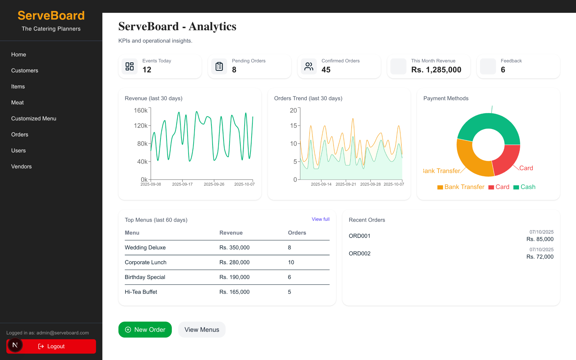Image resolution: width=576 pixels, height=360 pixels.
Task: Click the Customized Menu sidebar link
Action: click(x=34, y=118)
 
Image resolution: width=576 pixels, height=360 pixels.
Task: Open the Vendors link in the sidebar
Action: click(x=21, y=166)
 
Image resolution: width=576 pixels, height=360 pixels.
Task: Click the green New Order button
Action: click(x=145, y=329)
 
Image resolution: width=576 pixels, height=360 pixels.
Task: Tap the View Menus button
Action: click(x=202, y=329)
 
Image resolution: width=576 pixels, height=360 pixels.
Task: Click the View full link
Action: click(x=320, y=219)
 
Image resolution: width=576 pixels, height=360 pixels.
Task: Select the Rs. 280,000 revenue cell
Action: click(x=234, y=262)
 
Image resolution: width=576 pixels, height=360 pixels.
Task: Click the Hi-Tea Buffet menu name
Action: click(x=141, y=292)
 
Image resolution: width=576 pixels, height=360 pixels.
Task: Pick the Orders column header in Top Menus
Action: click(x=297, y=233)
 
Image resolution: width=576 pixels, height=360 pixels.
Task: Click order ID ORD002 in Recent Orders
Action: click(x=359, y=253)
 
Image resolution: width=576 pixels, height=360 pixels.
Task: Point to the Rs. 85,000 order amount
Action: click(x=540, y=239)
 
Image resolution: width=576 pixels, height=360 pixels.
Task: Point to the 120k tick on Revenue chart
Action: click(x=141, y=126)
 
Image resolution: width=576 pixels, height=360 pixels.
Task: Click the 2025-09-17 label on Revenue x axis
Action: click(x=182, y=184)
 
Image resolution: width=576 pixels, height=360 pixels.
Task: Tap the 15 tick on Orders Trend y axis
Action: click(x=293, y=126)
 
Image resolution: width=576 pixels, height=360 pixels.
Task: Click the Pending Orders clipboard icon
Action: click(x=219, y=66)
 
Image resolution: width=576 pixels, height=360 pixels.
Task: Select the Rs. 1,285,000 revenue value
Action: click(x=436, y=70)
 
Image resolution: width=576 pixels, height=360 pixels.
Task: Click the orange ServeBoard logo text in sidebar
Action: click(x=51, y=16)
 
